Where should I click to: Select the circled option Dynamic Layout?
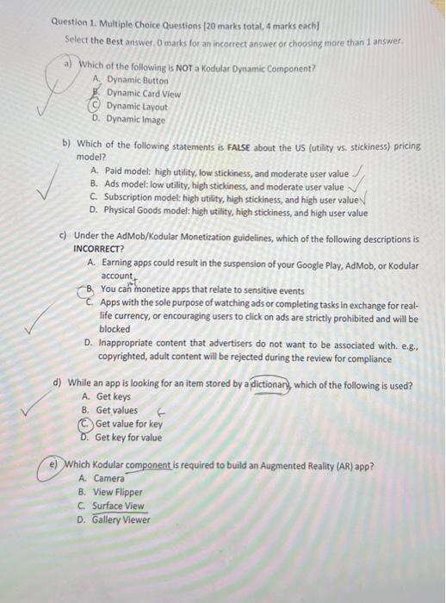coord(137,106)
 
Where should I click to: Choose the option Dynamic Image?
coord(135,120)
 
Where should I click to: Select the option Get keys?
coord(113,397)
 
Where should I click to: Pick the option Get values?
coord(116,410)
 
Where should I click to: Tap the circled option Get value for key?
coord(128,424)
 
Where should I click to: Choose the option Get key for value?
coord(128,438)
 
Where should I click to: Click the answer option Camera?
coord(108,478)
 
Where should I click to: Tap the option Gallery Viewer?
coord(121,519)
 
